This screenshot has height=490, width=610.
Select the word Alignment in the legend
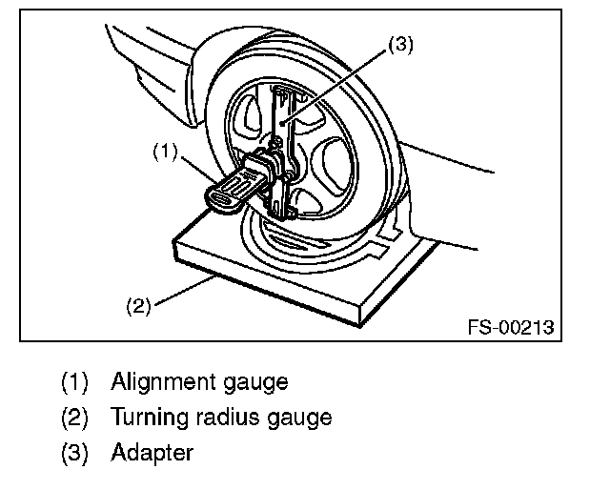pos(158,382)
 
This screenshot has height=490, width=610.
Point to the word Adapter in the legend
pos(152,451)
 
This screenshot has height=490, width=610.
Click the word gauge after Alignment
pos(253,384)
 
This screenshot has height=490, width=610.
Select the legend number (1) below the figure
pos(74,383)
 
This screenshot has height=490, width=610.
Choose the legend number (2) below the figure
pos(74,418)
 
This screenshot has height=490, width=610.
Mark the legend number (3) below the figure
pos(74,451)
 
